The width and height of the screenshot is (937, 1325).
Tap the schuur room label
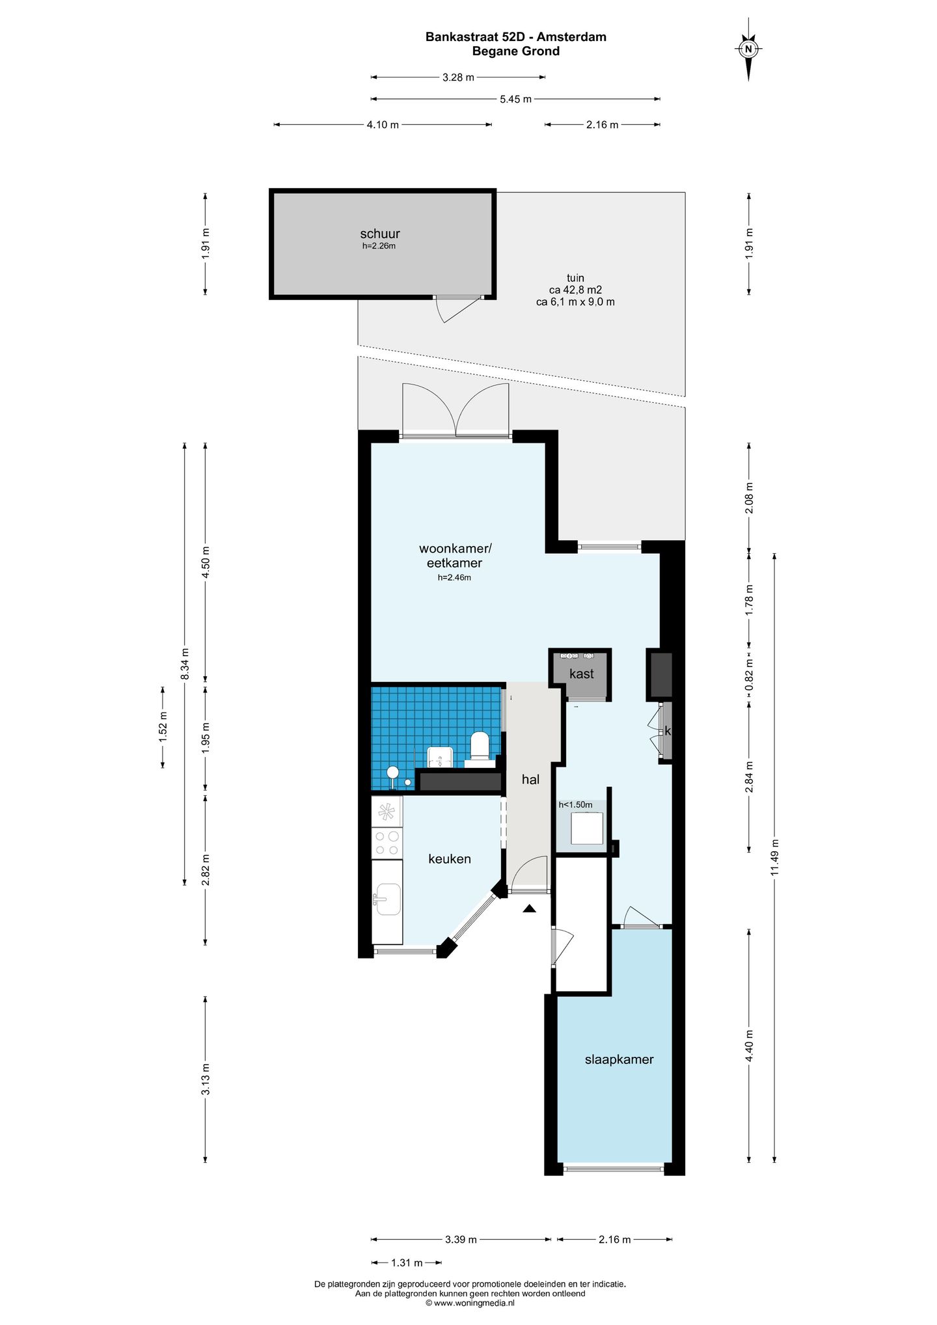[x=380, y=234]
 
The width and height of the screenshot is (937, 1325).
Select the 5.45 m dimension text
[x=515, y=100]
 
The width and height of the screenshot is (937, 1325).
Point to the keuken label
[x=450, y=859]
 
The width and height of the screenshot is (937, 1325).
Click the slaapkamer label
[x=619, y=1060]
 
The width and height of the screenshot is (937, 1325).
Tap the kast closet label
[x=581, y=674]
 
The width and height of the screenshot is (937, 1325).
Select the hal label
[x=530, y=780]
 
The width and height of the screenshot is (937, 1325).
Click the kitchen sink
[x=388, y=899]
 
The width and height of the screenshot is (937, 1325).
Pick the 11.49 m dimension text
[x=774, y=858]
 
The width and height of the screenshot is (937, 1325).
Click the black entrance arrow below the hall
[x=529, y=908]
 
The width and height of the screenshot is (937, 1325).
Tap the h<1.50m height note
[x=575, y=805]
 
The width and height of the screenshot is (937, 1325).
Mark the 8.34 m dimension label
[x=185, y=664]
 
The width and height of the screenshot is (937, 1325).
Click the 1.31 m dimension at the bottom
[x=407, y=1263]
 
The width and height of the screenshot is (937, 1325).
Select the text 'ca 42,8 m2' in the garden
[x=575, y=290]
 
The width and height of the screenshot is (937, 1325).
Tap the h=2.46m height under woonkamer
[x=454, y=578]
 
